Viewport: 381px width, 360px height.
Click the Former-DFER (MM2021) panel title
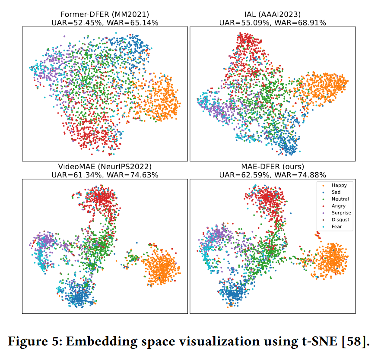pos(105,14)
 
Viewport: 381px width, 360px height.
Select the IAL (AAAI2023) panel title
pos(272,14)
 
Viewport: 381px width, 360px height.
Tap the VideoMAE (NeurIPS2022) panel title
pos(105,167)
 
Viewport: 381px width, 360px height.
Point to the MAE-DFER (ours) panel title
pos(272,167)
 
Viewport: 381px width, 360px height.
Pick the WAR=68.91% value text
pos(301,22)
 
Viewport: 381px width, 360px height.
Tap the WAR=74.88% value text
pos(301,175)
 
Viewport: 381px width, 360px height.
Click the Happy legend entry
pos(339,185)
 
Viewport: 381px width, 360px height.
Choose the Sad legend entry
pos(337,192)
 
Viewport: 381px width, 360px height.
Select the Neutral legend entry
pos(340,199)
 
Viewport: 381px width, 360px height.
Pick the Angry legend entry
pos(339,206)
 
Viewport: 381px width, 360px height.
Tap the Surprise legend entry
pos(341,213)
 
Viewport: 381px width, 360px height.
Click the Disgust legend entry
pos(340,220)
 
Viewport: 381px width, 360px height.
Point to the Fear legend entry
pos(337,227)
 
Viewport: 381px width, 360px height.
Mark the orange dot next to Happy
pos(323,186)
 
